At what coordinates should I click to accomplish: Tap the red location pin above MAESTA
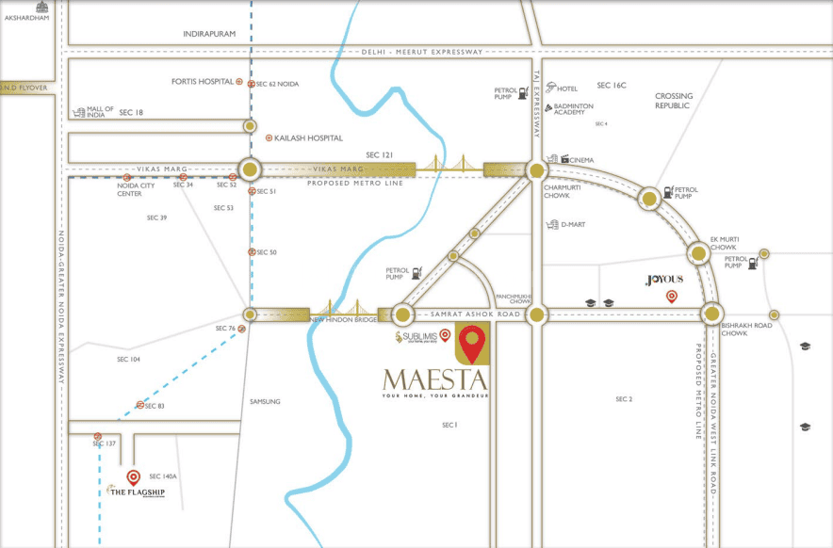coord(472,343)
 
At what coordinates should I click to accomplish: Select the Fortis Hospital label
coord(202,82)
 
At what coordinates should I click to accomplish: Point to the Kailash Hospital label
coord(308,137)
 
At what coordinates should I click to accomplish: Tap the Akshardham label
coord(26,17)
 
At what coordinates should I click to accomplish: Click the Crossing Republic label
coord(674,101)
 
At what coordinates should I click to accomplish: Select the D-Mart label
coord(573,224)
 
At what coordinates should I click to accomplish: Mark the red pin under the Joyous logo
coord(672,298)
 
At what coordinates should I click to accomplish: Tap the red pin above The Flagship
coord(133,477)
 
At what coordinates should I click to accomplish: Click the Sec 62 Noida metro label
coord(277,84)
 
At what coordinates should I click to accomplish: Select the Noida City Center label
coord(129,189)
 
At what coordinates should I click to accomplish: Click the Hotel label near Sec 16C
coord(566,89)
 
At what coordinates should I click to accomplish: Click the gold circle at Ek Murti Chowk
coord(698,251)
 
